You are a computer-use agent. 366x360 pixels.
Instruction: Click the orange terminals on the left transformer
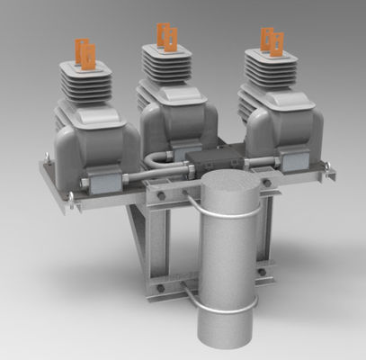click(x=84, y=49)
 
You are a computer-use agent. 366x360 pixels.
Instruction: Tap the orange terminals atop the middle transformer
click(x=166, y=36)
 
